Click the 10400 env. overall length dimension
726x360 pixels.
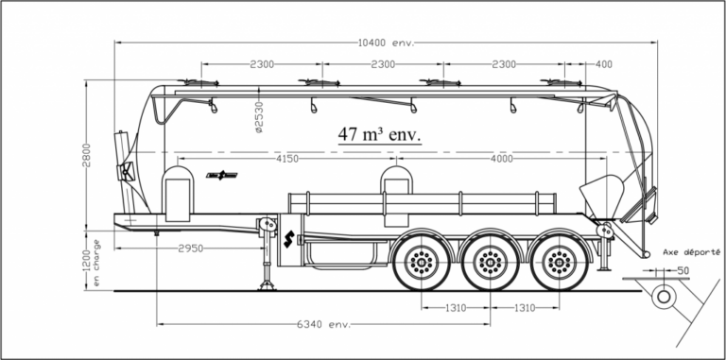tap(387, 43)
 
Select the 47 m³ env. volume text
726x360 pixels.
tap(380, 135)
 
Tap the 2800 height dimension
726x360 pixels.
tap(87, 155)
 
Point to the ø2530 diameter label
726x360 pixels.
tap(259, 117)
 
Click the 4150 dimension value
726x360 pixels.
tap(287, 159)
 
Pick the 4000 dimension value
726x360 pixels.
tap(501, 159)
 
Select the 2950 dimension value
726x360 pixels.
tap(191, 249)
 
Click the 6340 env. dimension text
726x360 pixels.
tap(323, 324)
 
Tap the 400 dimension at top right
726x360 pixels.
tap(604, 64)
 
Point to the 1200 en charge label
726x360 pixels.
tap(91, 263)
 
